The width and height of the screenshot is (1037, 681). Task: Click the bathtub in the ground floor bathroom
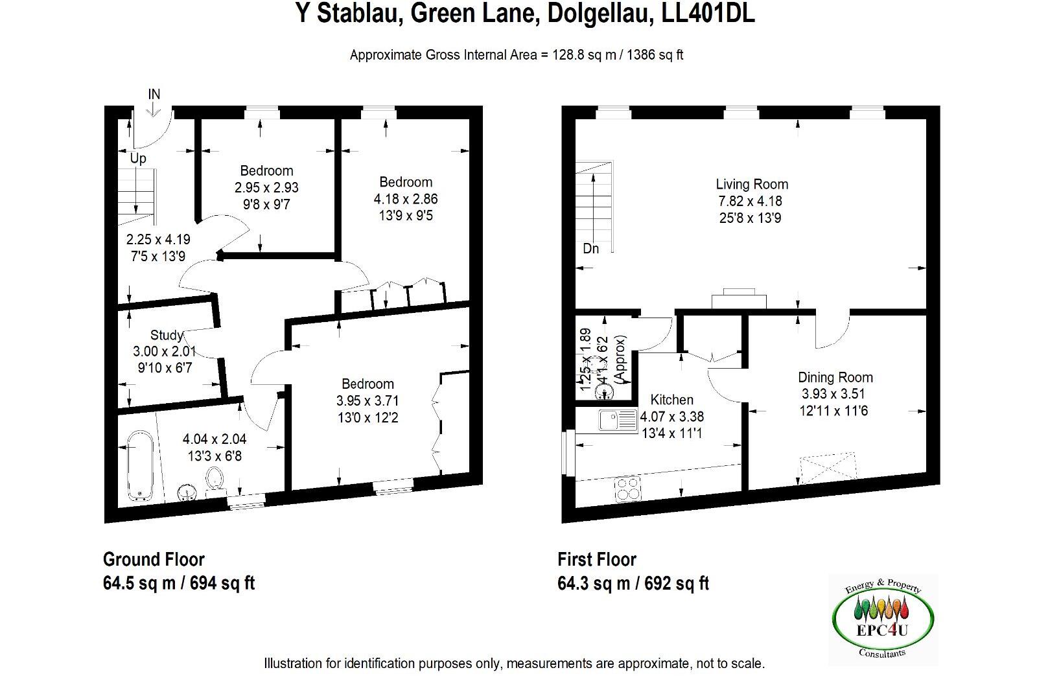click(139, 467)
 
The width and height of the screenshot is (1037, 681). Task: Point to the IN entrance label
click(154, 95)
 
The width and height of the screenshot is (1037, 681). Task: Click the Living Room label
click(751, 184)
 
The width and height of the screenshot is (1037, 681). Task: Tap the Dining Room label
click(835, 377)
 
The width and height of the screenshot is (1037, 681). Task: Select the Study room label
click(166, 335)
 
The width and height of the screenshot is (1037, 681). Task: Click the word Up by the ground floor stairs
click(138, 159)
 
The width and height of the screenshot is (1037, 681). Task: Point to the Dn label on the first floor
click(590, 249)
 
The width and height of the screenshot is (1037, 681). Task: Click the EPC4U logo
click(882, 621)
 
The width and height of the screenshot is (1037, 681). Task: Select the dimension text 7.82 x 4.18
click(751, 202)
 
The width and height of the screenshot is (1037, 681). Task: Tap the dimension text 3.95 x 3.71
click(367, 400)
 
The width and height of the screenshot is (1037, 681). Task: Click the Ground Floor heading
click(154, 559)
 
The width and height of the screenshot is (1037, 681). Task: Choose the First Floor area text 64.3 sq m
click(594, 583)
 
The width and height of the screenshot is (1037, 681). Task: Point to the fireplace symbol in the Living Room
click(739, 299)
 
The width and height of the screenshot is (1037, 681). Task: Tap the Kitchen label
click(671, 400)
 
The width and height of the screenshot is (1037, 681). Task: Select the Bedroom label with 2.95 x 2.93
click(266, 171)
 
